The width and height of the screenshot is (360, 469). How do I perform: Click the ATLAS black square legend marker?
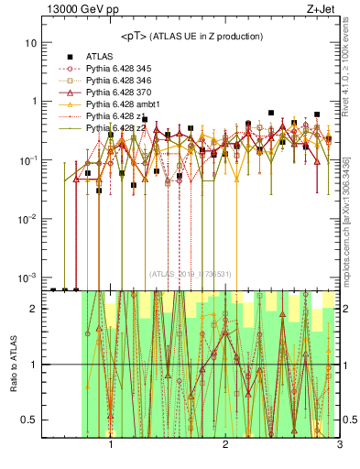(70, 57)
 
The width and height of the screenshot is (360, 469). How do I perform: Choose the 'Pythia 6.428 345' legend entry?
(118, 69)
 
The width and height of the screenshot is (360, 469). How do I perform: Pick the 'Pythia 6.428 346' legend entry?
(118, 81)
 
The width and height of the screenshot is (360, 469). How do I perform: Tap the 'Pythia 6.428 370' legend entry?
(118, 93)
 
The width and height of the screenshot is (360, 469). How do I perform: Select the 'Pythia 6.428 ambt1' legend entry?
(122, 104)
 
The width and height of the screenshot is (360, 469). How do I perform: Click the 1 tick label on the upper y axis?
(34, 102)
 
